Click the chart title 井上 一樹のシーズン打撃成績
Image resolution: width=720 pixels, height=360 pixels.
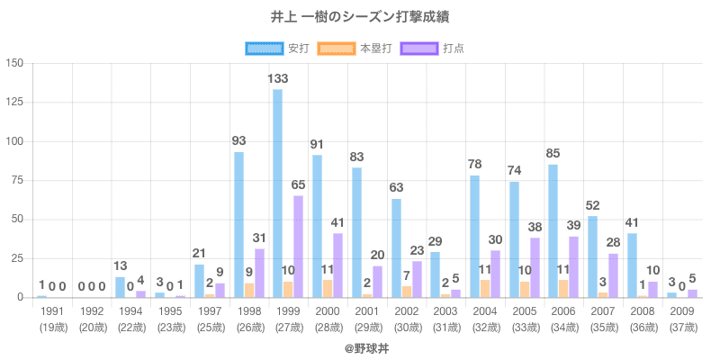pos(360,16)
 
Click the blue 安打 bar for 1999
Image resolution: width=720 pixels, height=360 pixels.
pos(278,193)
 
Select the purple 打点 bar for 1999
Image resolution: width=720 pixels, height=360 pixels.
pos(298,247)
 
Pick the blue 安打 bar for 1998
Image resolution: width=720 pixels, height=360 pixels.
pos(238,224)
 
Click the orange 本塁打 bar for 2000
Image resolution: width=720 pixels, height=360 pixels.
pos(328,289)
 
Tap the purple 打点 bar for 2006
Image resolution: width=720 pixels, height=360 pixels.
pos(573,267)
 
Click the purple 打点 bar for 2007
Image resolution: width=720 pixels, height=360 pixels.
pos(613,275)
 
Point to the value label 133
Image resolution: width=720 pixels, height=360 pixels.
pos(278,79)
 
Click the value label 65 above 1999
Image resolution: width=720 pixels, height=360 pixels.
pos(298,185)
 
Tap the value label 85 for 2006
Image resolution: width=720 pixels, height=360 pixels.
pos(553,154)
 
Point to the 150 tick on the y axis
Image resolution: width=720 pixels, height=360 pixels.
pos(14,64)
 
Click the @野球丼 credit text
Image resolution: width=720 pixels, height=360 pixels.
pos(360,346)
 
